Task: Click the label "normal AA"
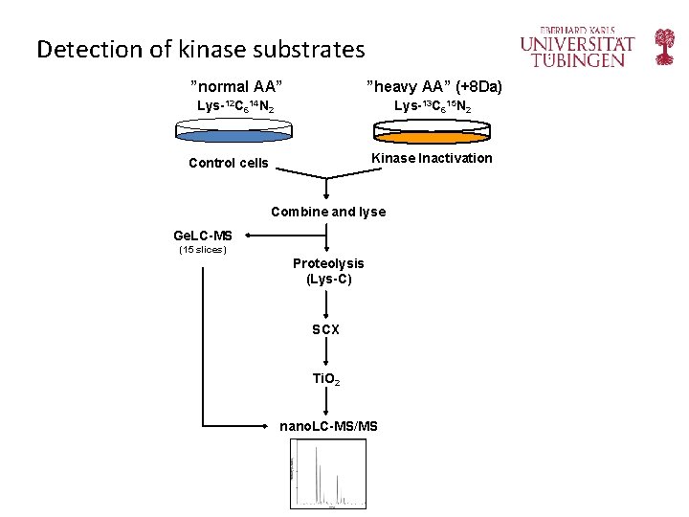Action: click(235, 87)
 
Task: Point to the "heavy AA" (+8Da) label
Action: click(433, 87)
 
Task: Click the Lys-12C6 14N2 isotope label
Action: click(235, 106)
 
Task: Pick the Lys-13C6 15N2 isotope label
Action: click(433, 106)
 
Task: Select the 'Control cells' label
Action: click(229, 163)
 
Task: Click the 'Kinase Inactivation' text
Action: click(432, 158)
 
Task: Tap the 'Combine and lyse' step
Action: click(328, 212)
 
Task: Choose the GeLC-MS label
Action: click(202, 236)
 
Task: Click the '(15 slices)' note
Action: click(202, 251)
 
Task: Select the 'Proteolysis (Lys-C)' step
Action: click(328, 271)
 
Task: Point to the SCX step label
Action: click(326, 329)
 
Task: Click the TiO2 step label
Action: click(326, 379)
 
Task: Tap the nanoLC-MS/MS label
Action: click(328, 425)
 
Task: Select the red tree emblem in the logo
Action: click(664, 47)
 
